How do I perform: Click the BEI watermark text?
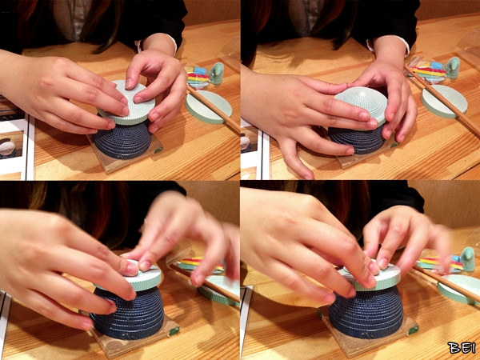coord(462,348)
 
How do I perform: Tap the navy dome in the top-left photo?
coord(122,140)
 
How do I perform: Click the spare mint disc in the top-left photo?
coord(209,107)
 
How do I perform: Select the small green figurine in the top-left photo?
coord(217,73)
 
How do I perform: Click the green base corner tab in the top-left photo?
coord(158,150)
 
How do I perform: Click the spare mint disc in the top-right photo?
coord(444,102)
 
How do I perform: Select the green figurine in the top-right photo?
coord(453,68)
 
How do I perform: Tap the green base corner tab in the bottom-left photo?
coord(174,330)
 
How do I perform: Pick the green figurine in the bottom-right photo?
coord(468,259)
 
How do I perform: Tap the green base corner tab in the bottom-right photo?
coord(414,330)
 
